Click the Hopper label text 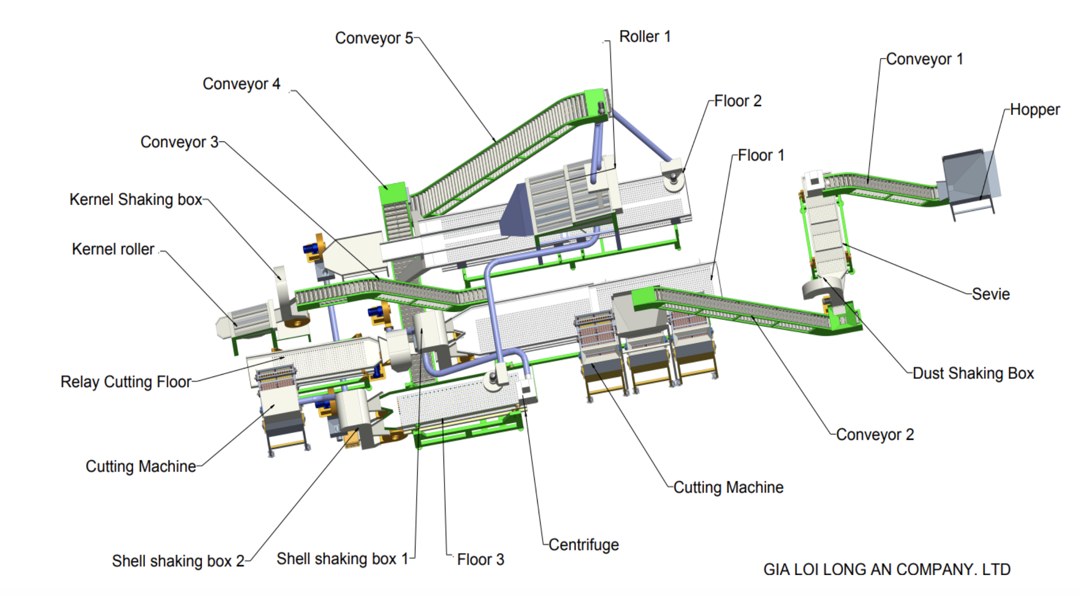[1034, 110]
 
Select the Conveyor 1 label [924, 60]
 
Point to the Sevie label [991, 294]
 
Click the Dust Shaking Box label [973, 374]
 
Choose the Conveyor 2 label [875, 435]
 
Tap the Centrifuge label [584, 545]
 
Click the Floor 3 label [481, 560]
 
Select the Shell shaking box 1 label [342, 559]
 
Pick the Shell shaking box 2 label [178, 561]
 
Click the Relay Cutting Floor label [126, 382]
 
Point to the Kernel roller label [113, 249]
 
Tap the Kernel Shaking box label [136, 199]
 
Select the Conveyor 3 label [179, 142]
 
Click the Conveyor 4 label [241, 84]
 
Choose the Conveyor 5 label [374, 38]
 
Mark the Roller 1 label [645, 37]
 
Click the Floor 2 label [738, 101]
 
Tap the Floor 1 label [761, 155]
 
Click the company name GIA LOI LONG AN [887, 569]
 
